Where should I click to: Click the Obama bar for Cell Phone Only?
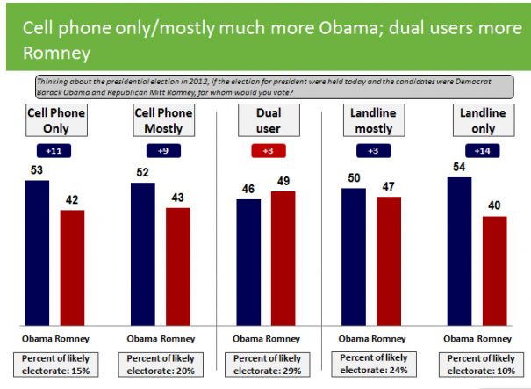[x=37, y=247]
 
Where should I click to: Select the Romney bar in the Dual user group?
[x=283, y=259]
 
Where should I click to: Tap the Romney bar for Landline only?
[x=495, y=271]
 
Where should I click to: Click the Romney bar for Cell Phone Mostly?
[x=177, y=267]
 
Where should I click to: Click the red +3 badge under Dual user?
[x=269, y=151]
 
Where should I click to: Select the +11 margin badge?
[x=52, y=151]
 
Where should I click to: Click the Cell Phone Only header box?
[x=52, y=121]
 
